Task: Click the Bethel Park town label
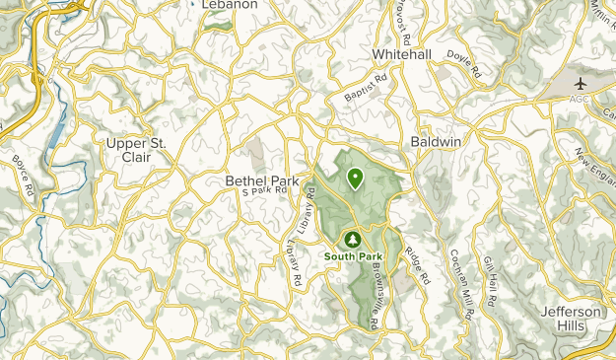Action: coord(262,180)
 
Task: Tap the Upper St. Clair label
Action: coord(139,150)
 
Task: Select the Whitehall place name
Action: coord(402,54)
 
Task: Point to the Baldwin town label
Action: coord(435,143)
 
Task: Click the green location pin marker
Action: coord(354,178)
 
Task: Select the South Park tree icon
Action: coord(353,239)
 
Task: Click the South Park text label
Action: coord(353,256)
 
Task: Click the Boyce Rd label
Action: coord(24,174)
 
